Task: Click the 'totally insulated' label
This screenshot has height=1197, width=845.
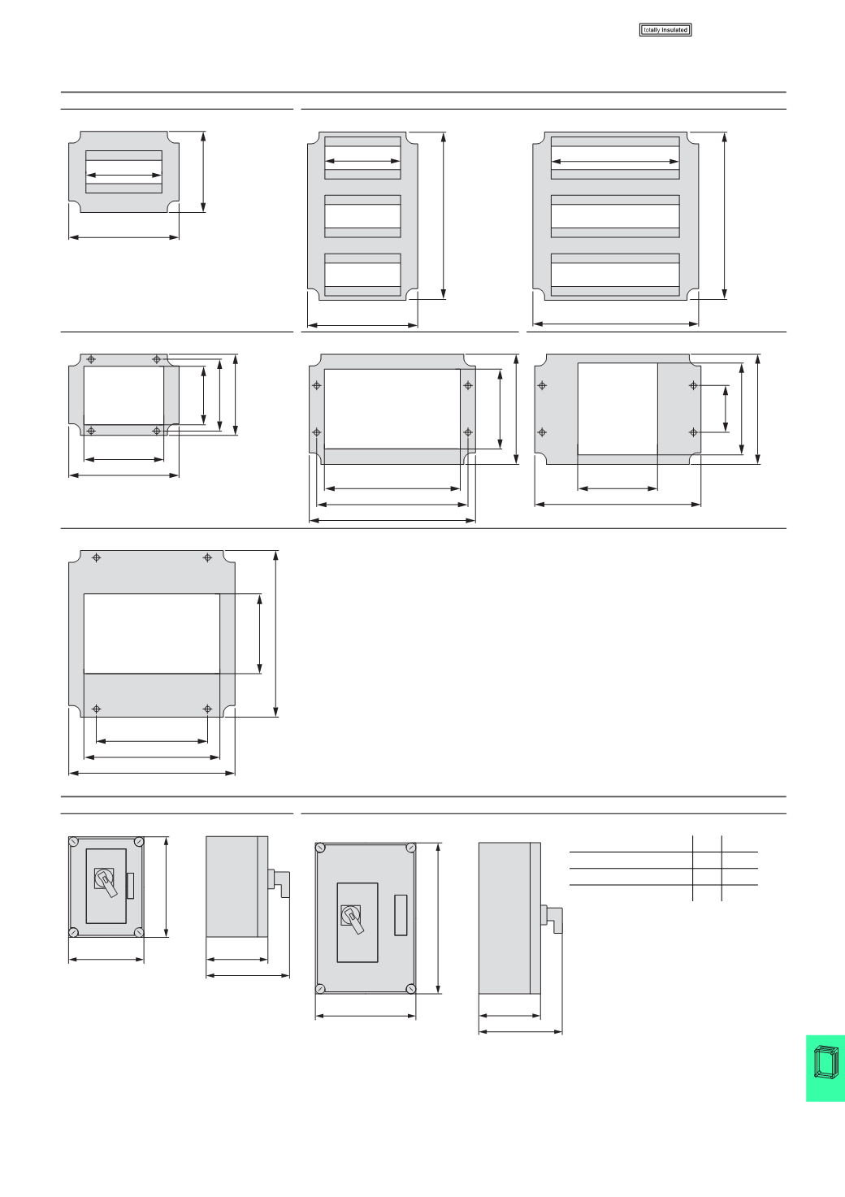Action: pyautogui.click(x=665, y=30)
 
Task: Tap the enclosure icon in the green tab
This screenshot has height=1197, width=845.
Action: pyautogui.click(x=825, y=1068)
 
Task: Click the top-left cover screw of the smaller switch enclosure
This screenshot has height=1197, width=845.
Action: pyautogui.click(x=74, y=842)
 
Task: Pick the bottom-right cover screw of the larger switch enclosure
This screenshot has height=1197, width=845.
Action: pyautogui.click(x=410, y=988)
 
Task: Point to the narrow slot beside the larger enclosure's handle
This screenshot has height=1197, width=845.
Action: pyautogui.click(x=401, y=915)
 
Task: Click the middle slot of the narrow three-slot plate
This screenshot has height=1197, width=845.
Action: pyautogui.click(x=362, y=215)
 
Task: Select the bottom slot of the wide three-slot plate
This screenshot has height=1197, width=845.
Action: pyautogui.click(x=615, y=275)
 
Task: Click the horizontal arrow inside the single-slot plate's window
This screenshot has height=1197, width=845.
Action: pyautogui.click(x=124, y=175)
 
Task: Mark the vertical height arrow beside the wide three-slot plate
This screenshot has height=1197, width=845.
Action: pyautogui.click(x=724, y=214)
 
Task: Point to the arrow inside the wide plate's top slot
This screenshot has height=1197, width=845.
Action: pyautogui.click(x=615, y=163)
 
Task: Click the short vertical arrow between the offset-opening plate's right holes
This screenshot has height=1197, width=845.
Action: pyautogui.click(x=725, y=409)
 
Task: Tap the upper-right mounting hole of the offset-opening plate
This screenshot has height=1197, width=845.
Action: pyautogui.click(x=693, y=385)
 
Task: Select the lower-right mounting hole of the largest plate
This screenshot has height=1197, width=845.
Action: pyautogui.click(x=207, y=709)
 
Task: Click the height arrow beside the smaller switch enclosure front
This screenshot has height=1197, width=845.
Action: pyautogui.click(x=166, y=887)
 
